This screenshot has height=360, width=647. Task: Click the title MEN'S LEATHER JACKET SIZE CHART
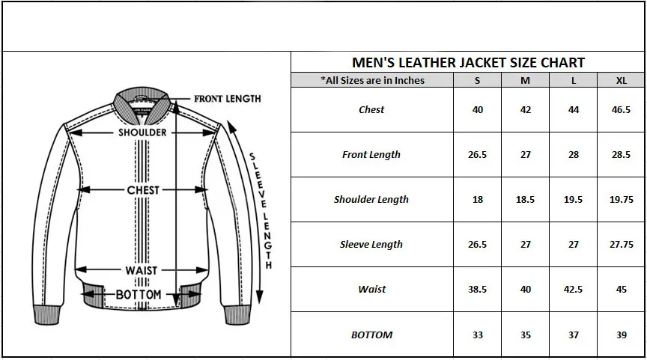(468, 62)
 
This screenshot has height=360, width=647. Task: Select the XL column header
(622, 81)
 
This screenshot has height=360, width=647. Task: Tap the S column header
(478, 81)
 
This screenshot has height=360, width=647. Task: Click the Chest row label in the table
(371, 110)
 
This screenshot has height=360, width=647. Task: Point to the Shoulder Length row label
(371, 200)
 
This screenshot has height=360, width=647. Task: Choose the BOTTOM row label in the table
(371, 335)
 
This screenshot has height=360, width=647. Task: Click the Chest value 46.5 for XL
(622, 110)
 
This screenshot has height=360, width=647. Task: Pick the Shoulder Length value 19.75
(622, 200)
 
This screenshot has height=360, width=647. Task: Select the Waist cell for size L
(574, 290)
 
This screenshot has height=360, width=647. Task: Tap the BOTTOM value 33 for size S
(478, 335)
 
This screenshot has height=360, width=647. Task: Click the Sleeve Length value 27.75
(622, 245)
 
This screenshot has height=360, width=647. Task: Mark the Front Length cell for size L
(574, 155)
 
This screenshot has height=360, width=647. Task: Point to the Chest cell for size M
(526, 110)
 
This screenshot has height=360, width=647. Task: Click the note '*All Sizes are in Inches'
(372, 81)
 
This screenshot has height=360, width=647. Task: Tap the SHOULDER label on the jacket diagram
(142, 132)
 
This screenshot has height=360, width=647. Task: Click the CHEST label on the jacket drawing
(143, 190)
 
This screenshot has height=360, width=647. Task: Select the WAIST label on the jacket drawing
(142, 270)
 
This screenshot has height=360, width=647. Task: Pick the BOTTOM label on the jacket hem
(139, 295)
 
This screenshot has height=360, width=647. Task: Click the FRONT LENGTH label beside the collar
(228, 99)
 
